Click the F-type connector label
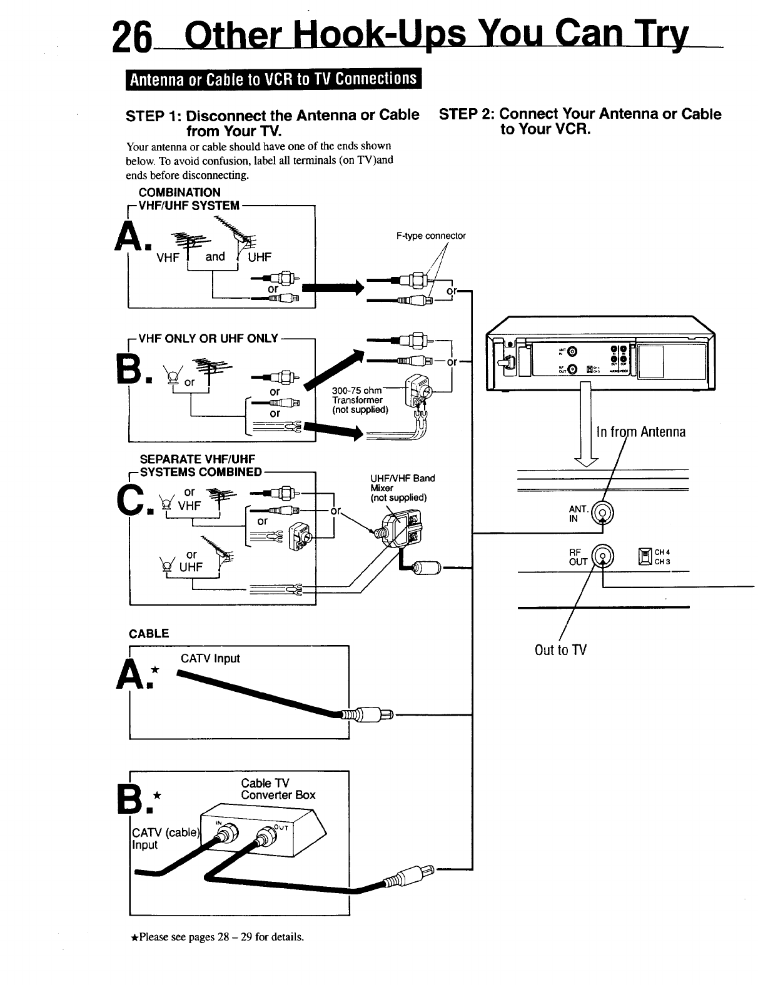click(x=431, y=236)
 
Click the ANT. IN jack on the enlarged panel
click(x=604, y=516)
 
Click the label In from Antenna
click(x=640, y=432)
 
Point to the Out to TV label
click(x=560, y=650)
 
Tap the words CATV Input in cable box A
click(x=210, y=658)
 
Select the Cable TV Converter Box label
click(x=278, y=789)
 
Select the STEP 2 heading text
click(x=580, y=121)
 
